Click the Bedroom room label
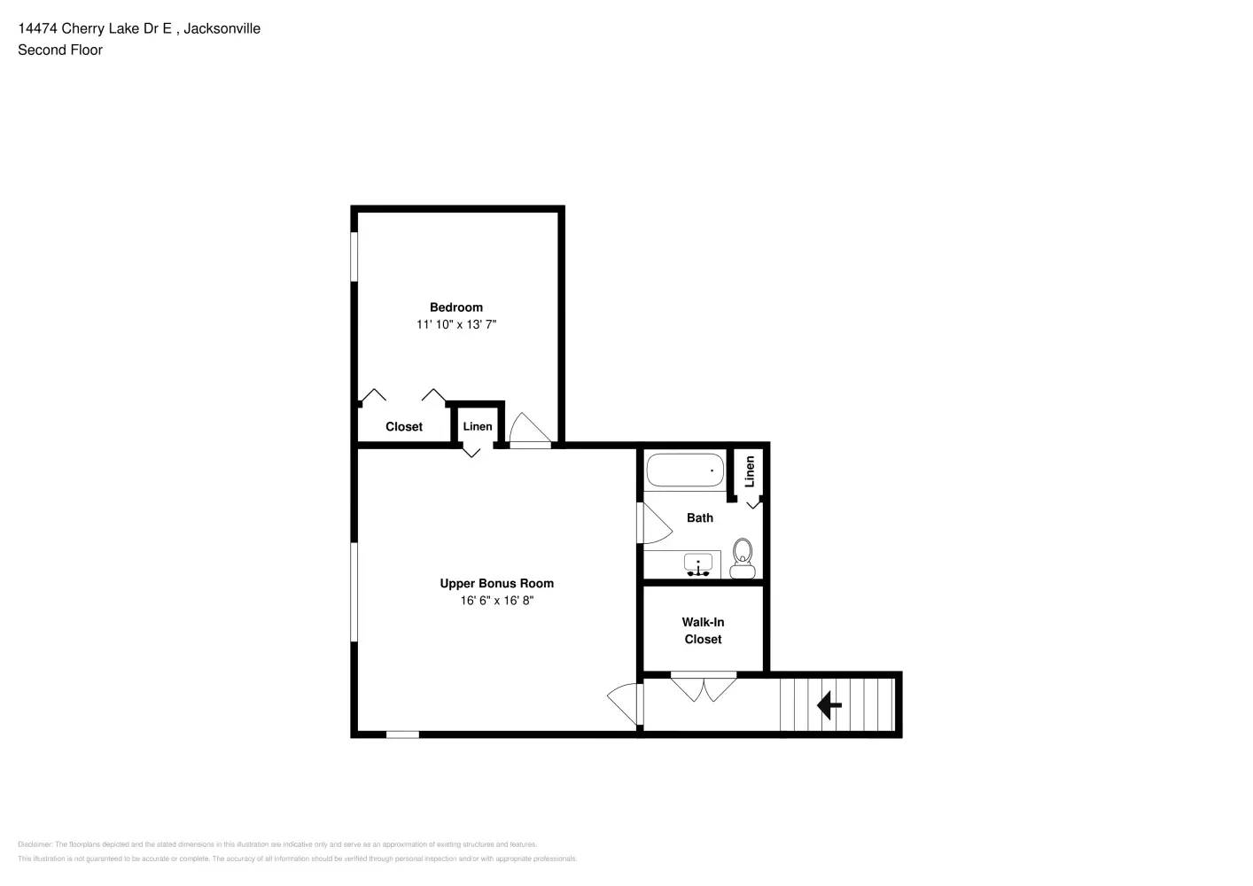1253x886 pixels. pyautogui.click(x=455, y=307)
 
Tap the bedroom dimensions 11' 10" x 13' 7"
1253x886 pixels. pyautogui.click(x=455, y=324)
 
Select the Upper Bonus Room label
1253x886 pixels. pyautogui.click(x=496, y=583)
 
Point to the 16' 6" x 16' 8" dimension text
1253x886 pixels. pyautogui.click(x=496, y=601)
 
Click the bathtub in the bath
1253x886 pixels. pyautogui.click(x=684, y=470)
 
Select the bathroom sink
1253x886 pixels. pyautogui.click(x=698, y=564)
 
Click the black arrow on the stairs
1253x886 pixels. pyautogui.click(x=829, y=705)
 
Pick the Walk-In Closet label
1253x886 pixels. pyautogui.click(x=703, y=631)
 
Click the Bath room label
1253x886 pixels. pyautogui.click(x=699, y=517)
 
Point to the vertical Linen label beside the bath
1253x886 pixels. pyautogui.click(x=750, y=471)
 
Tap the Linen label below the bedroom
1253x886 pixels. pyautogui.click(x=477, y=426)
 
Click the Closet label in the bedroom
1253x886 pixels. pyautogui.click(x=403, y=427)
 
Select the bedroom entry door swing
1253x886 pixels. pyautogui.click(x=530, y=429)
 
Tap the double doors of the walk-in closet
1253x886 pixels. pyautogui.click(x=704, y=688)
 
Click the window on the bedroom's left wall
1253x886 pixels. pyautogui.click(x=354, y=257)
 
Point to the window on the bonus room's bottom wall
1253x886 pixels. pyautogui.click(x=402, y=734)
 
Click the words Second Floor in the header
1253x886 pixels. pyautogui.click(x=60, y=51)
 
